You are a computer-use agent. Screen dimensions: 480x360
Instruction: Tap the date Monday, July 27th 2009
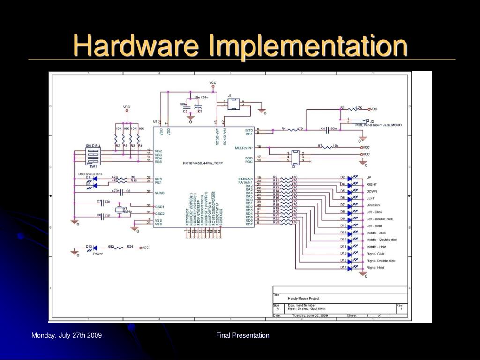click(67, 335)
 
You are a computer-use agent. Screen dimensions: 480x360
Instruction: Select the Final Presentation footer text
click(243, 335)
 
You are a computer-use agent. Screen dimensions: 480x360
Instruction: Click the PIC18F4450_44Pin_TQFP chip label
click(203, 163)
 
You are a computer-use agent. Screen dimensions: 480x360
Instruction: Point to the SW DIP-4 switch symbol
click(93, 157)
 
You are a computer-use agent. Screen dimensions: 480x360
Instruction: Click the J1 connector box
click(233, 104)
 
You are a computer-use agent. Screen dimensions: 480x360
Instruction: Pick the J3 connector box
click(295, 157)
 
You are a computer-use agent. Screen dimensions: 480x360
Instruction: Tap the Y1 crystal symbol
click(120, 209)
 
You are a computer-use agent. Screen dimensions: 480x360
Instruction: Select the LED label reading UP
click(368, 177)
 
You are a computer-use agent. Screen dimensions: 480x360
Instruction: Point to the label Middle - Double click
click(382, 240)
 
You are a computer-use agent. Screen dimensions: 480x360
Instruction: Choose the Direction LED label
click(373, 205)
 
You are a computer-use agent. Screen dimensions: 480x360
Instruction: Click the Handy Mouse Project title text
click(303, 298)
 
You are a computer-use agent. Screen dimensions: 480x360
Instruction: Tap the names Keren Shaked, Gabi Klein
click(307, 308)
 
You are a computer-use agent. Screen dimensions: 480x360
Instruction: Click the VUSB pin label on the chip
click(159, 192)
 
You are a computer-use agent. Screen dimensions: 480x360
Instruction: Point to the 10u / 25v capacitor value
click(201, 97)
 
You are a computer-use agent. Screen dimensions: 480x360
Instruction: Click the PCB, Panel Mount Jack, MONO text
click(378, 125)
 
